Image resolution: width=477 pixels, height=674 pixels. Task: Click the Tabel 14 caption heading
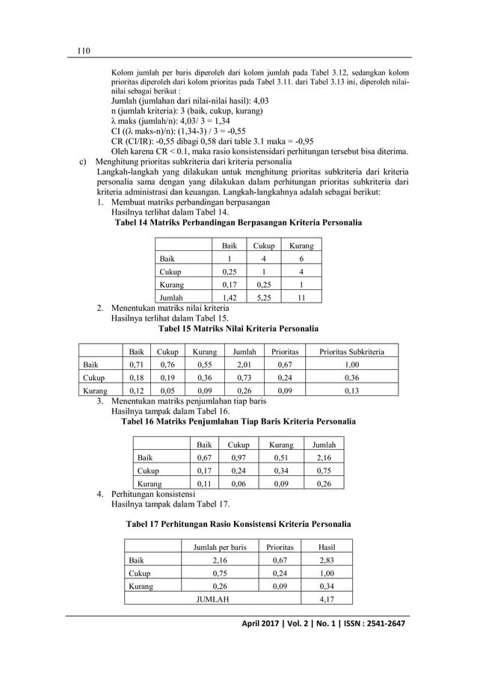click(238, 223)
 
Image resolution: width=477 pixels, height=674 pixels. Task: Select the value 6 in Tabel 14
click(301, 259)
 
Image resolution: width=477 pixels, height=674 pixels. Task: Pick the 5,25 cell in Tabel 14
click(263, 297)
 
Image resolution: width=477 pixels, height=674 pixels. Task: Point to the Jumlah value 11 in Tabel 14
click(301, 297)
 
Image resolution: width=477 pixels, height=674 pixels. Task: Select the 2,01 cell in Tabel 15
click(243, 365)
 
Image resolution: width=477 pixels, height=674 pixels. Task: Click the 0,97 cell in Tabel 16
click(238, 457)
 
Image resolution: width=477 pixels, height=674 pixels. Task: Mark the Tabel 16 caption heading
click(238, 421)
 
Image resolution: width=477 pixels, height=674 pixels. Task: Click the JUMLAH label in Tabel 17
click(212, 599)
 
